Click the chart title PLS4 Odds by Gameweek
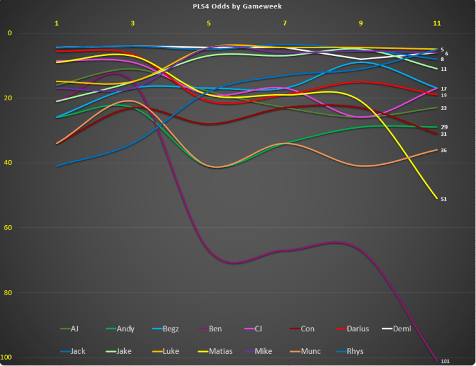237,6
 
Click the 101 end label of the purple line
445,361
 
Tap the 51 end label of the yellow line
444,199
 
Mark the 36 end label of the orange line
444,151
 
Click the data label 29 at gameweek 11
444,127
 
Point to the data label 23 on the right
444,108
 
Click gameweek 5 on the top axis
208,23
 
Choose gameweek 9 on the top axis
360,23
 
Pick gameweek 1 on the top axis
57,23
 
